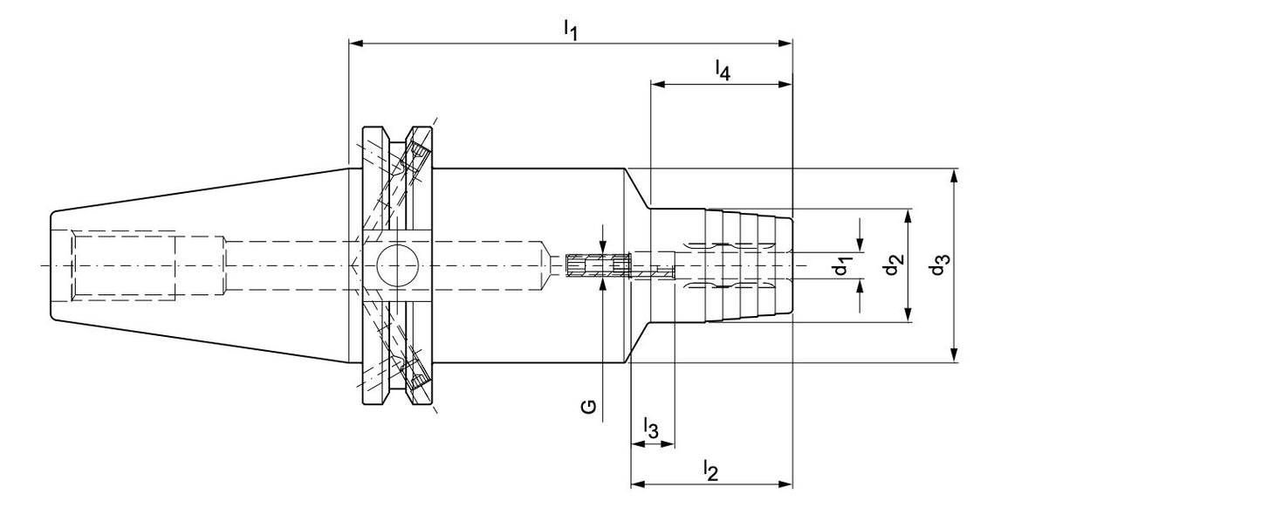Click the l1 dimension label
pyautogui.click(x=571, y=30)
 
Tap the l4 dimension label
pyautogui.click(x=723, y=71)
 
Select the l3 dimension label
pyautogui.click(x=651, y=429)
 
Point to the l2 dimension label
pyautogui.click(x=711, y=471)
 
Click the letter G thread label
pyautogui.click(x=589, y=407)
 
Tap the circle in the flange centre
pyautogui.click(x=397, y=264)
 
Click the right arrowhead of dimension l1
pyautogui.click(x=786, y=44)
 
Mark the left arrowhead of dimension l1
pyautogui.click(x=356, y=44)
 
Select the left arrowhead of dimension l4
pyautogui.click(x=658, y=85)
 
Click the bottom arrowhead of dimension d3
pyautogui.click(x=954, y=355)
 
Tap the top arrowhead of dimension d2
pyautogui.click(x=908, y=216)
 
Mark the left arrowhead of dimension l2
pyautogui.click(x=639, y=484)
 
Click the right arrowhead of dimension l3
pyautogui.click(x=667, y=444)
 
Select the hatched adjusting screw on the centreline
pyautogui.click(x=598, y=265)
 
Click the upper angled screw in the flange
pyautogui.click(x=419, y=154)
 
